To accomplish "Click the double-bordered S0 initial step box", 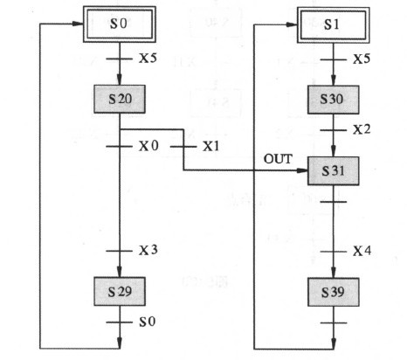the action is coord(120,24).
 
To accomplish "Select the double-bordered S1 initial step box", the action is coord(334,25).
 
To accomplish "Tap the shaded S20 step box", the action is coord(120,99).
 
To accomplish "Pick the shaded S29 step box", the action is coord(120,291).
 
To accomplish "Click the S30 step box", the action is coord(334,100).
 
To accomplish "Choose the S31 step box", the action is coord(334,170).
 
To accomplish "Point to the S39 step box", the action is coord(334,292).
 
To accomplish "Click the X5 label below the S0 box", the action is coord(148,59).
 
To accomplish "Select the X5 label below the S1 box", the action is coord(362,59).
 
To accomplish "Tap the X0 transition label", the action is coord(148,146).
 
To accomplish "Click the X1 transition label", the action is coord(210,146).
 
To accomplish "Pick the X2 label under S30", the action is coord(362,129).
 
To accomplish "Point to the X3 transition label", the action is coord(148,250).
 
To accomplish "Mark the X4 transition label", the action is coord(362,251).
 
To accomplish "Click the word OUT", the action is coord(278,159).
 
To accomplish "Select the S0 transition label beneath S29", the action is coord(148,322).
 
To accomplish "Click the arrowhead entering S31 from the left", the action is coord(302,170).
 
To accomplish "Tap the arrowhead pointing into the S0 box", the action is coord(78,24).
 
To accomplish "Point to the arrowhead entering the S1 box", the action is coord(292,24).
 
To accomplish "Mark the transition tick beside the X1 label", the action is coord(183,147).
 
